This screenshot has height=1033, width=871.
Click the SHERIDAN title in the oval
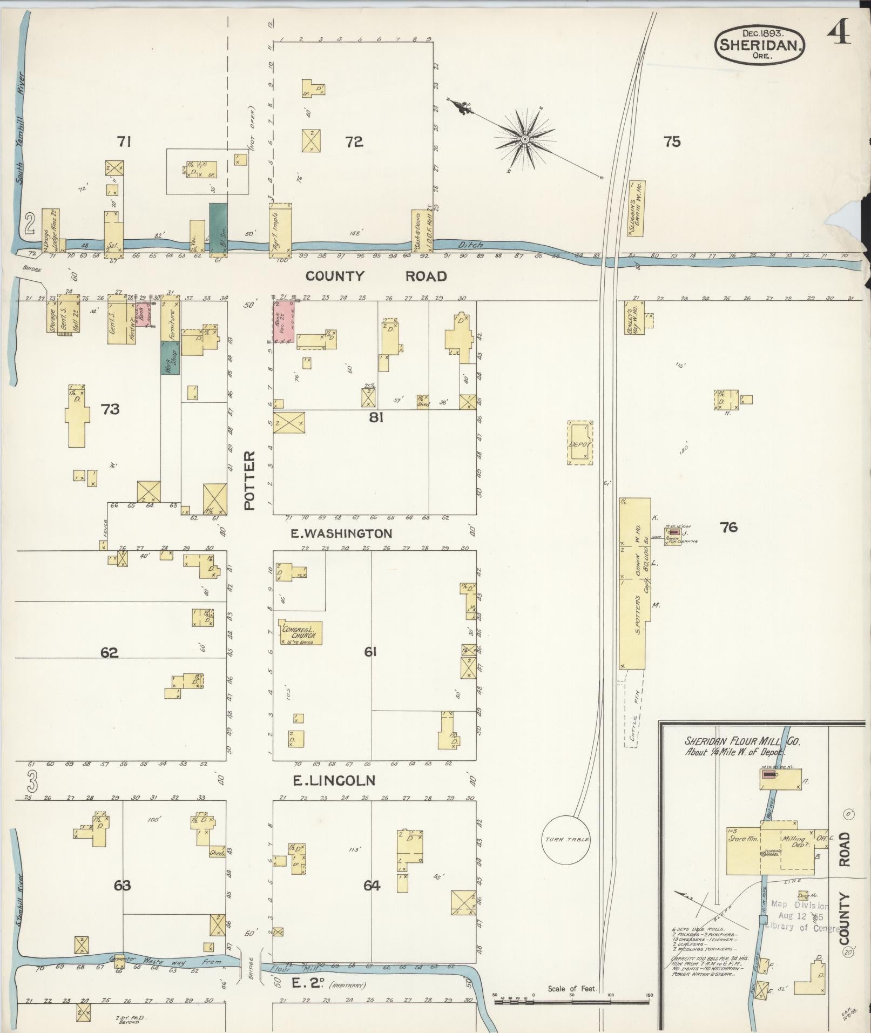coord(760,45)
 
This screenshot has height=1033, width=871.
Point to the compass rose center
coord(524,140)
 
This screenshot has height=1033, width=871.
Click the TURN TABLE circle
coord(566,854)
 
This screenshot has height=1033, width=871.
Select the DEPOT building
coord(580,443)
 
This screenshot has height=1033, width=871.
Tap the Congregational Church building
coord(301,632)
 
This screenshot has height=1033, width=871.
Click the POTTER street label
coord(249,481)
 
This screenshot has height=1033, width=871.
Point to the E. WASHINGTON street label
coord(341,534)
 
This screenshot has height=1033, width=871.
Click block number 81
coord(376,417)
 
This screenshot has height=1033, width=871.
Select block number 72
coord(354,142)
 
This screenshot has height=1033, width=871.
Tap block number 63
coord(123,885)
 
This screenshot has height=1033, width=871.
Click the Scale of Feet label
coord(571,989)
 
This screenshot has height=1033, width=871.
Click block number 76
coord(728,526)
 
